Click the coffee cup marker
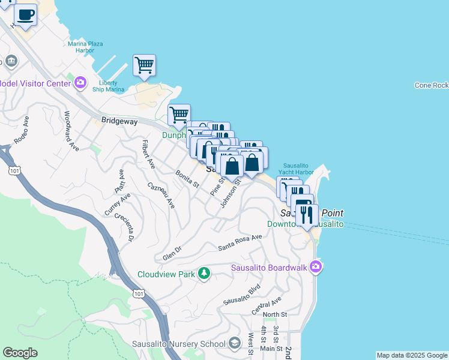tap(25, 15)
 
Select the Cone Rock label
tap(431, 85)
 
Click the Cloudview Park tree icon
tap(204, 274)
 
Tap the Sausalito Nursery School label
tap(179, 343)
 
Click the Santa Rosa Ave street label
tap(240, 242)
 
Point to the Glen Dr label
tap(172, 253)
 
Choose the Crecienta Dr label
tap(125, 227)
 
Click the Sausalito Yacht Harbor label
tap(298, 169)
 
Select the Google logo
tap(19, 353)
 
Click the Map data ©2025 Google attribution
tap(412, 355)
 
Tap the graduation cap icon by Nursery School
tap(236, 343)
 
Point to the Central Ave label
tap(267, 306)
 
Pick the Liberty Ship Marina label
tap(108, 86)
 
